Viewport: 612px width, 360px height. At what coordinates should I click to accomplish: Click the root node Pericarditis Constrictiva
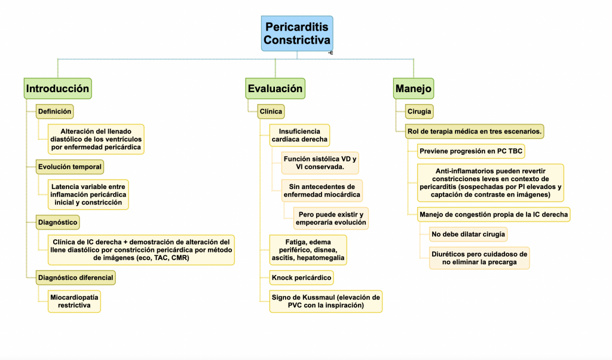pyautogui.click(x=297, y=33)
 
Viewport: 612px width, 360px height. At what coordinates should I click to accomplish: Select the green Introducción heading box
pyautogui.click(x=58, y=89)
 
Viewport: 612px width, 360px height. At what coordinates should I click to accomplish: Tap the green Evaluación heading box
pyautogui.click(x=275, y=89)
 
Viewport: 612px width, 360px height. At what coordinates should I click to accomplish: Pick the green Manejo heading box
pyautogui.click(x=414, y=89)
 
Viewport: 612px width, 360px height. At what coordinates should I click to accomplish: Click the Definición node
pyautogui.click(x=54, y=111)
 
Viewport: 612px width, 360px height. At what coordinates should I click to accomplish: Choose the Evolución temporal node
pyautogui.click(x=70, y=167)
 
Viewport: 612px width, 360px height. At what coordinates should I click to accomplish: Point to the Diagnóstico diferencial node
pyautogui.click(x=76, y=277)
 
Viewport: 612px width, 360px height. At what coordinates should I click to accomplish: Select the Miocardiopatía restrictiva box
pyautogui.click(x=74, y=301)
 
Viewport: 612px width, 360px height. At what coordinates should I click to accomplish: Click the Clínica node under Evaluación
pyautogui.click(x=271, y=111)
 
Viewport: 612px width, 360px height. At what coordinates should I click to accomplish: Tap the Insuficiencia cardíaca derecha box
pyautogui.click(x=299, y=136)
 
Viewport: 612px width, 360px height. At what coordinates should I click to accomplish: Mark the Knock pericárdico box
pyautogui.click(x=301, y=277)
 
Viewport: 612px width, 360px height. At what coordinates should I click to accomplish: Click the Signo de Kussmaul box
pyautogui.click(x=326, y=301)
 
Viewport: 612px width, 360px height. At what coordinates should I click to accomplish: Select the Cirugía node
pyautogui.click(x=419, y=111)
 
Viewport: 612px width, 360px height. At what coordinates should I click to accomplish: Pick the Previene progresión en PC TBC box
pyautogui.click(x=471, y=151)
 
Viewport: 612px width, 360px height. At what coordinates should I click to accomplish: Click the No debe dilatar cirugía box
pyautogui.click(x=468, y=234)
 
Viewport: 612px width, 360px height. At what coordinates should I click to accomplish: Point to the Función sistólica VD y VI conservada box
pyautogui.click(x=320, y=163)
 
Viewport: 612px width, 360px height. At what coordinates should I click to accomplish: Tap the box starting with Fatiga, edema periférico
pyautogui.click(x=308, y=250)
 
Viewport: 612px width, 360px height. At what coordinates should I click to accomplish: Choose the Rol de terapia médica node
pyautogui.click(x=474, y=131)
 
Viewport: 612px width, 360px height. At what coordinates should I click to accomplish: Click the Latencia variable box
pyautogui.click(x=88, y=194)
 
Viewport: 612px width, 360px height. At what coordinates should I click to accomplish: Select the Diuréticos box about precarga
pyautogui.click(x=479, y=258)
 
